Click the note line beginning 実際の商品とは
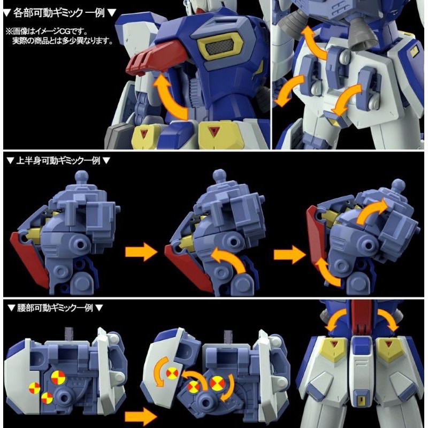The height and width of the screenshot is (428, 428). pos(63,41)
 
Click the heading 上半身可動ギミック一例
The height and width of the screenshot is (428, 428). pos(58,160)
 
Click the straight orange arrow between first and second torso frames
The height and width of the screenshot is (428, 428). pos(141,252)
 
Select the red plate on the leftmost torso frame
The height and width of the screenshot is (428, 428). pos(29,258)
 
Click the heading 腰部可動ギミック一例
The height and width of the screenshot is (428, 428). pos(55,308)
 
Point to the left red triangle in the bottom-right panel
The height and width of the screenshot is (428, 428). pos(334,343)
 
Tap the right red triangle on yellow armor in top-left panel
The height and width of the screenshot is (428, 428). pos(213,131)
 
